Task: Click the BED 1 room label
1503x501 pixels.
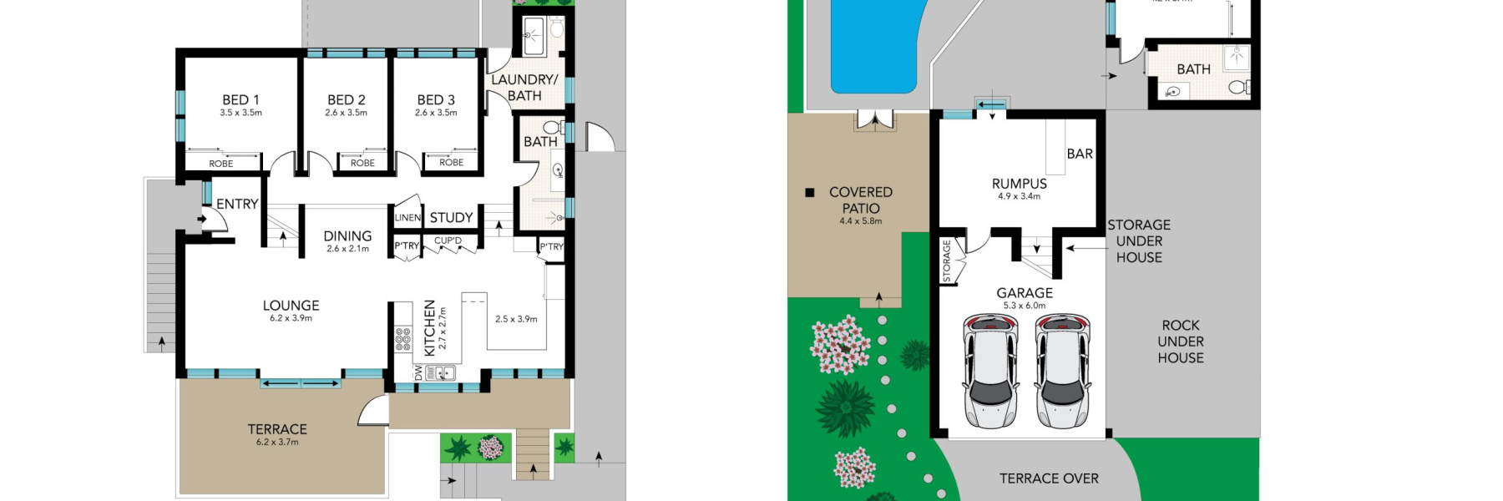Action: (240, 100)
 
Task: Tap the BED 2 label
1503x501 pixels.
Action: (346, 100)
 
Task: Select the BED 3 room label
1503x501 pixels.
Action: (436, 100)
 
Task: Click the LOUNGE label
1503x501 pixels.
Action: (291, 306)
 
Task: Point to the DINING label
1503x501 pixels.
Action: (347, 236)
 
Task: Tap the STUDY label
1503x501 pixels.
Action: (451, 218)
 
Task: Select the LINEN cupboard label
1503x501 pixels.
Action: (407, 218)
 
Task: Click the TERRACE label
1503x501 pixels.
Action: (277, 429)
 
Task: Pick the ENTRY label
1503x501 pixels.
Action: (237, 204)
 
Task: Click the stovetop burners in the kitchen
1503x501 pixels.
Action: (402, 339)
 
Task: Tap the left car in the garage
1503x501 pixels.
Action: (990, 370)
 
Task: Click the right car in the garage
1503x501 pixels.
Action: (1062, 370)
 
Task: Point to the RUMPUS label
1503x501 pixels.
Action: (1019, 184)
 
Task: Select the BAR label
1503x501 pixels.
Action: (1080, 154)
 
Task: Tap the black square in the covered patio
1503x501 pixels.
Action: (809, 193)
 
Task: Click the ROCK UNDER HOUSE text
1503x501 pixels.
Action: (1181, 342)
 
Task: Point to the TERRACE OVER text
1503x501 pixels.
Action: (1049, 478)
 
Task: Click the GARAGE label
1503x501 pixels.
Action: (1025, 293)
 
